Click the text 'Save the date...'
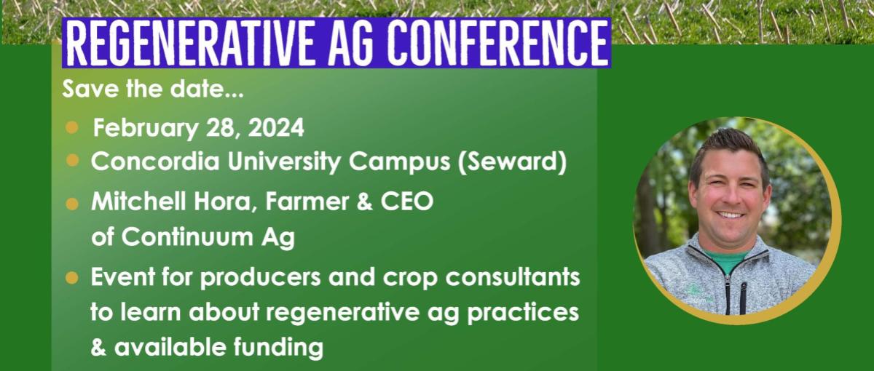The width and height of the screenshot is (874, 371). tap(153, 89)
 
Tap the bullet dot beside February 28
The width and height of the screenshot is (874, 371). tap(72, 127)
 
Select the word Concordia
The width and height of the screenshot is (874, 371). tap(155, 161)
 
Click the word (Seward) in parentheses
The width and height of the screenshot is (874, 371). tap(512, 162)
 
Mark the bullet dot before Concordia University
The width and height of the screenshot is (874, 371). tap(73, 161)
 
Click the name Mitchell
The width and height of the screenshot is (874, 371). tap(138, 202)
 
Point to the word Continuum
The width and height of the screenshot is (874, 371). tap(187, 236)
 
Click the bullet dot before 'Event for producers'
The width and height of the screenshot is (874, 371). tap(72, 278)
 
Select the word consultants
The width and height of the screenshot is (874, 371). tap(513, 277)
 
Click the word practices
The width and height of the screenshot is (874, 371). tap(523, 312)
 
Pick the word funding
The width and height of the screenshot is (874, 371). tap(278, 348)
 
